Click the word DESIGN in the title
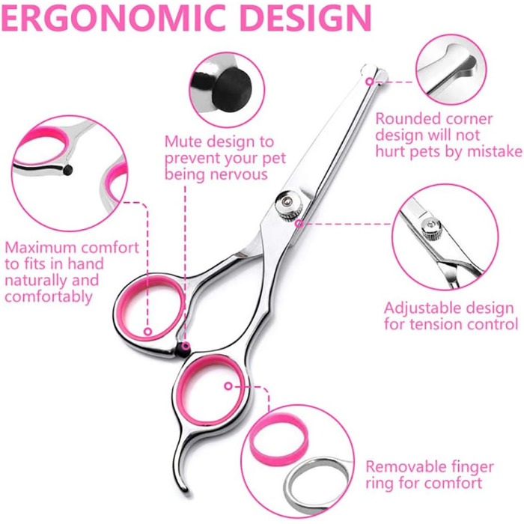coord(305,16)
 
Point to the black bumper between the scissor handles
coord(183,350)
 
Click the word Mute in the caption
coord(184,141)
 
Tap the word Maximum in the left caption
coord(40,247)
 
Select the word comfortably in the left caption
coord(49,297)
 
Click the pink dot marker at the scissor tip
coord(369,81)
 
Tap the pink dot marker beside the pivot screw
coord(299,223)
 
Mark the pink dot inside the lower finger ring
coord(228,386)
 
